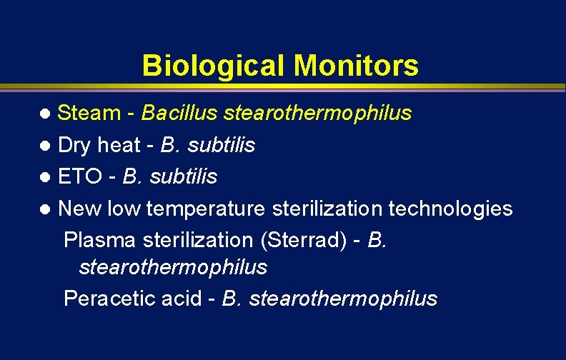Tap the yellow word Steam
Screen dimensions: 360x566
point(89,113)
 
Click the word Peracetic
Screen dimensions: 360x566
point(105,298)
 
